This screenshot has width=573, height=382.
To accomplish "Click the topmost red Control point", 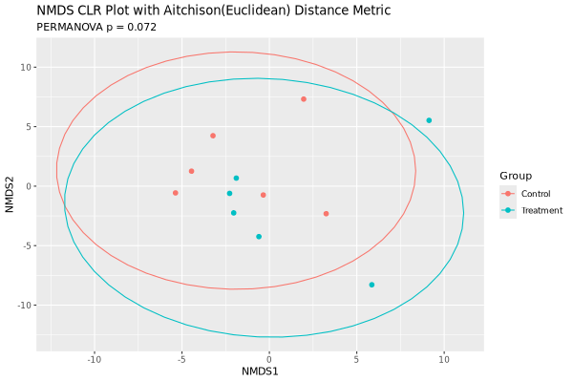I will [304, 99].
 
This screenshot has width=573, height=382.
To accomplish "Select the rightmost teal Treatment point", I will [429, 120].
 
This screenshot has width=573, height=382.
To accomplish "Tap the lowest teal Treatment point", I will [371, 285].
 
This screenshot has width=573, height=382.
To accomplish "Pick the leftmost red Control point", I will [176, 193].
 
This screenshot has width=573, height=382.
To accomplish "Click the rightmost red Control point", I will [326, 214].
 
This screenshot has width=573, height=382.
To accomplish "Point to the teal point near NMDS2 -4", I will [259, 237].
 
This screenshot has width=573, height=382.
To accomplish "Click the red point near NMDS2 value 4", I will [213, 136].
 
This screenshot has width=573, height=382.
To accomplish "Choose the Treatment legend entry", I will [541, 210].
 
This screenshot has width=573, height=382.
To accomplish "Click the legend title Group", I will [516, 176].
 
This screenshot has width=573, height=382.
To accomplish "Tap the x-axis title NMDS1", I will [260, 371].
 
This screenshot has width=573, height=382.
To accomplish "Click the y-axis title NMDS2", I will [10, 186].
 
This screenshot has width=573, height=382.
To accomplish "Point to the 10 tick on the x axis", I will [443, 359].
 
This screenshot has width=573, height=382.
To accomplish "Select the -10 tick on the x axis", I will [95, 359].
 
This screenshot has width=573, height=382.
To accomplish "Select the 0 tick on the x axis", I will [269, 359].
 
